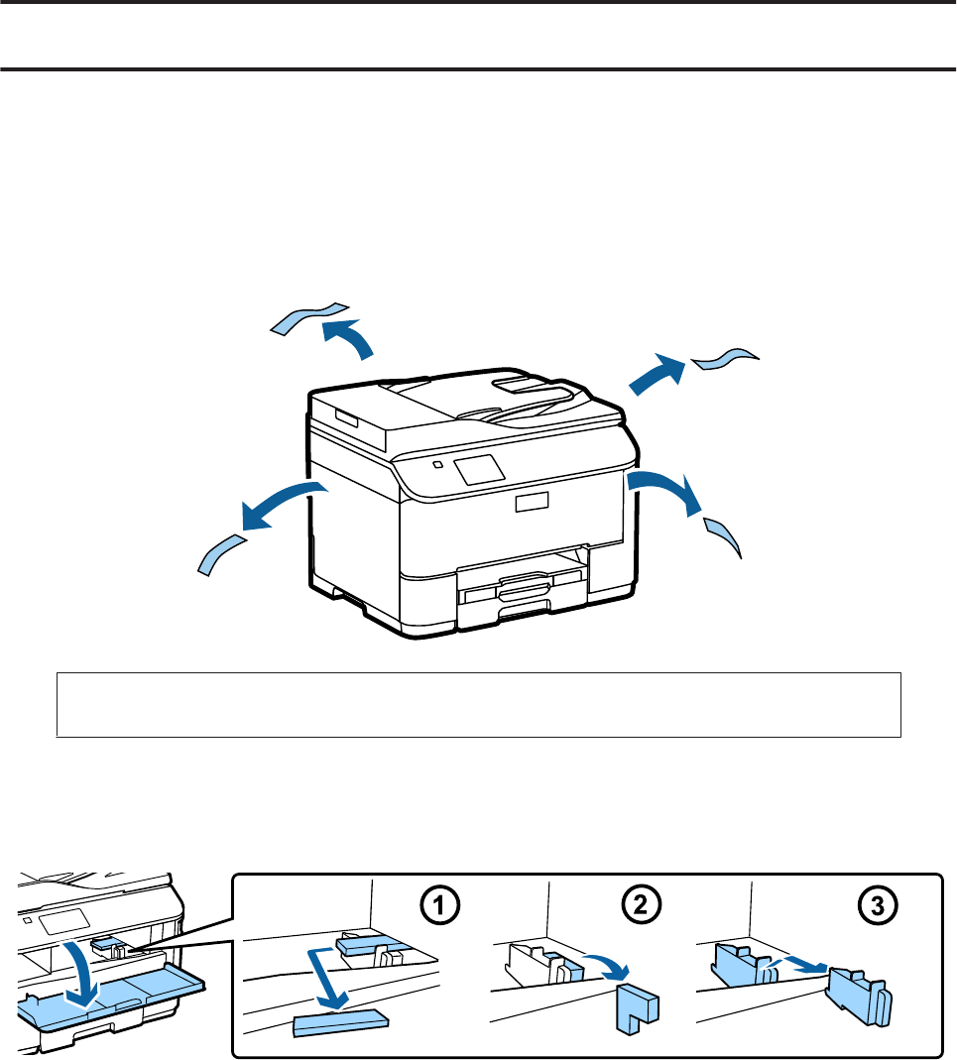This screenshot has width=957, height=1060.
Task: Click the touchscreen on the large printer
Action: [x=480, y=468]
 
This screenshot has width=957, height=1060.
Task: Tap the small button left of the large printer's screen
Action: [x=437, y=464]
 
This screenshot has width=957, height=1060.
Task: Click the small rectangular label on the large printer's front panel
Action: [x=533, y=502]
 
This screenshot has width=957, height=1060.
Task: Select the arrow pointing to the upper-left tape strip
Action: [x=348, y=337]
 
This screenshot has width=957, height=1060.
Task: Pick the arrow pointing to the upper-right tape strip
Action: [x=658, y=374]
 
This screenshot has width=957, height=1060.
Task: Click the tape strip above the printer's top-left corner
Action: [x=309, y=317]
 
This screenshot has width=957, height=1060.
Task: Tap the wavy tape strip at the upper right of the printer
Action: [x=725, y=359]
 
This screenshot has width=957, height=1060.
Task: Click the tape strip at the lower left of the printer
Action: [x=220, y=554]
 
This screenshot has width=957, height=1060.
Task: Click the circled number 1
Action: [x=439, y=905]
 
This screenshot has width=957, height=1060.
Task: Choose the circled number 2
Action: [x=640, y=904]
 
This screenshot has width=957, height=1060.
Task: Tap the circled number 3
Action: [x=878, y=905]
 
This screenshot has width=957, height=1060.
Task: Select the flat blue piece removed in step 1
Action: [x=341, y=1022]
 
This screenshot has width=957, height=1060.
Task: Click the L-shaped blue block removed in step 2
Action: [x=637, y=1007]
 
